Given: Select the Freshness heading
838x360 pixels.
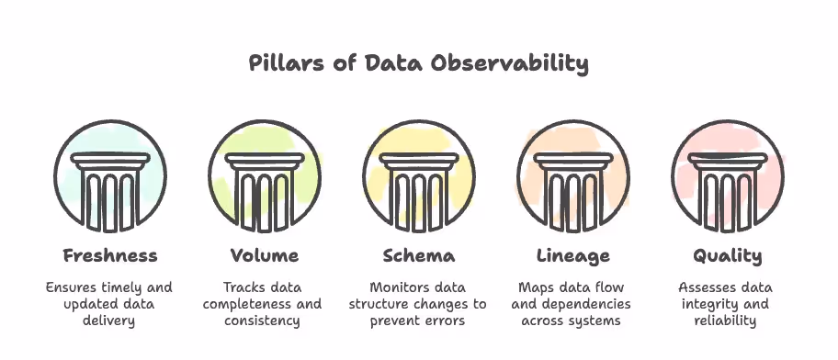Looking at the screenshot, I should (x=110, y=254).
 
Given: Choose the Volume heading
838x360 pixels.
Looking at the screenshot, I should (x=265, y=254).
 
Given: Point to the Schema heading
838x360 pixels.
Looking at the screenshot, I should (x=419, y=254).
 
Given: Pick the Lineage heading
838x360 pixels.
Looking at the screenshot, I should (x=573, y=254).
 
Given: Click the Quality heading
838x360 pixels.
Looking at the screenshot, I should (x=728, y=254).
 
